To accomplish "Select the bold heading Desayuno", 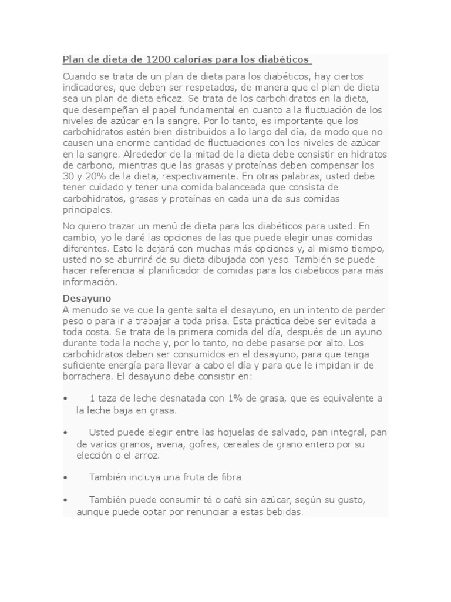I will [x=87, y=298].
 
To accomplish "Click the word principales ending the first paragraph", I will [x=86, y=210].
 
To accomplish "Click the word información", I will [x=89, y=282].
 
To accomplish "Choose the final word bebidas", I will [x=283, y=511].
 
